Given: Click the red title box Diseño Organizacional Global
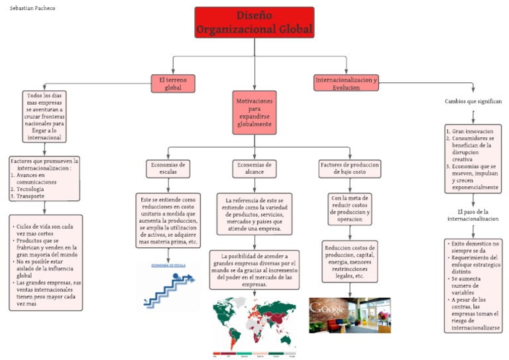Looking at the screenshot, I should pos(254,23).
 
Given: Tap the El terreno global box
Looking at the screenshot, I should pos(172,83).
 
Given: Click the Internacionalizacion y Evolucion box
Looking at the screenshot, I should pos(346,83).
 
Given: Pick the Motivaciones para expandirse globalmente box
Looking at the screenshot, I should pos(254,113).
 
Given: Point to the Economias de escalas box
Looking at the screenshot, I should pos(168,168).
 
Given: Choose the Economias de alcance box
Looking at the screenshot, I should pos(254,168).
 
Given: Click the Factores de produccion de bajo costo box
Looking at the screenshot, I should pos(349,168).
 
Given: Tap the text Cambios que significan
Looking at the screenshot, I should pos(473,101).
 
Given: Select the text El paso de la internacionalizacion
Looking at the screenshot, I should pos(473,215).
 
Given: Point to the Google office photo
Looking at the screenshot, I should pos(349,315).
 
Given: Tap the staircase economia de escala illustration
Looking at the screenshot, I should pos(167,286).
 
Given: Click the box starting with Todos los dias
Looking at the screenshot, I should pos(44,116).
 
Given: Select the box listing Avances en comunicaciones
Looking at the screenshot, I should pos(44,178).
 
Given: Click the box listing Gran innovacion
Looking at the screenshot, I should pos(473,158).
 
